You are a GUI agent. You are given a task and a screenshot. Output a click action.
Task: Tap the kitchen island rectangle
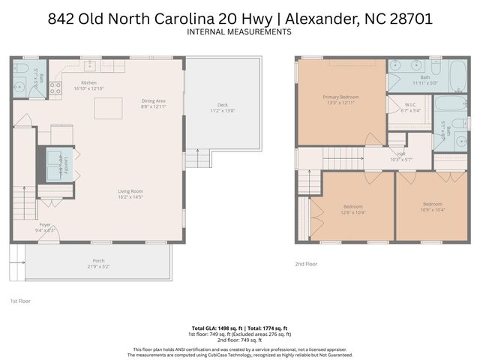[108, 109]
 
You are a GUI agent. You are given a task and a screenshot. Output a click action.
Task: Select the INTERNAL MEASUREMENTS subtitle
[239, 32]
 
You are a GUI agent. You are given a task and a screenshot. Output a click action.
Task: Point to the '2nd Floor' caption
[306, 264]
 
